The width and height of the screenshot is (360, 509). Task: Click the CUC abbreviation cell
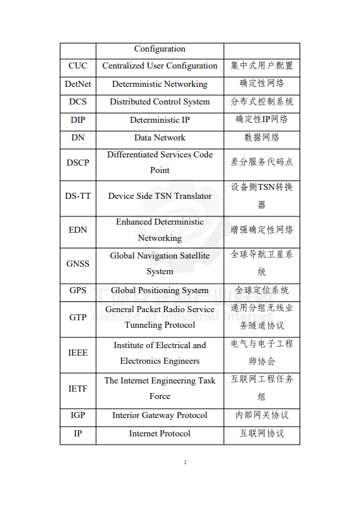point(77,66)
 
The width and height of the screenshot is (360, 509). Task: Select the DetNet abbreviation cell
point(77,84)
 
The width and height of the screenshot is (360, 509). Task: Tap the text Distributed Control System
point(160,102)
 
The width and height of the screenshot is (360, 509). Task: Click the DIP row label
point(77,119)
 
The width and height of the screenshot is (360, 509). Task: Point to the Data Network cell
point(160,137)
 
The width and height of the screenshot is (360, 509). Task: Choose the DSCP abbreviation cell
point(77,162)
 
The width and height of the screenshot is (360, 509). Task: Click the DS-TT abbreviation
point(77,196)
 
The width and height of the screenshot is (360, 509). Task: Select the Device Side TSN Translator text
point(160,196)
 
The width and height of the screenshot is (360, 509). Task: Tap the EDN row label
point(77,230)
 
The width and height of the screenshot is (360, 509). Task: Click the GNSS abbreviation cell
point(77,263)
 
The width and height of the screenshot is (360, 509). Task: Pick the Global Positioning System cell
point(160,290)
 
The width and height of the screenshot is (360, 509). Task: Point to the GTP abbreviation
point(77,318)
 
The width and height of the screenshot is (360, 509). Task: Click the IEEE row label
point(77,353)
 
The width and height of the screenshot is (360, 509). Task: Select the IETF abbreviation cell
point(77,389)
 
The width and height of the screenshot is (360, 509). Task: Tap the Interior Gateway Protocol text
point(160,415)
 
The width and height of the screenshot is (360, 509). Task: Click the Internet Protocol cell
point(160,434)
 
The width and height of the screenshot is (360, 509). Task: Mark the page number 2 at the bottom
point(184,463)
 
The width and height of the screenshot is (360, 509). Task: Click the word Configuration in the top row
point(160,49)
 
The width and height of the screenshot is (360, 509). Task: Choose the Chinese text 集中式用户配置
point(262,66)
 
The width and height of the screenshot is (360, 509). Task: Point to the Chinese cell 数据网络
point(262,137)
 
